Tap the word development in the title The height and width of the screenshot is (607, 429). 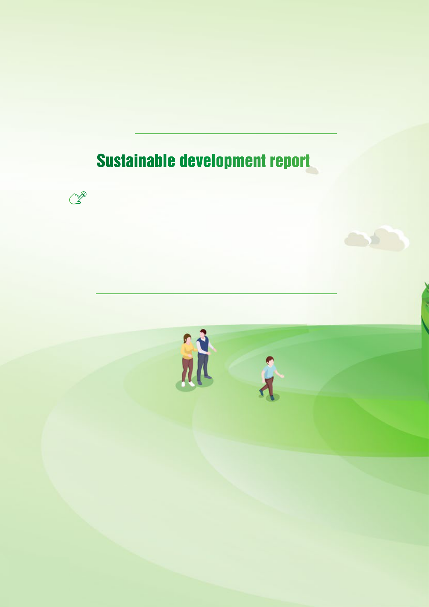click(x=223, y=161)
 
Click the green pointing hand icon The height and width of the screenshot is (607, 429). click(x=78, y=198)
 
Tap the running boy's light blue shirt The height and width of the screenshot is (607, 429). click(x=269, y=372)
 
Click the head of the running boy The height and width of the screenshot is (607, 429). click(x=270, y=361)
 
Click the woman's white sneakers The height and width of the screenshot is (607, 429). click(x=188, y=384)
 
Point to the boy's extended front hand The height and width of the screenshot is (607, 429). click(x=282, y=376)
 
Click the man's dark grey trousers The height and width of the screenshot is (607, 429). click(x=202, y=366)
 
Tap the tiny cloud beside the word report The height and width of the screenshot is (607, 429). click(x=312, y=170)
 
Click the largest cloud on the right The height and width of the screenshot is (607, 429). click(x=390, y=239)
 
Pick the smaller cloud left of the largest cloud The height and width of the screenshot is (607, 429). click(x=357, y=239)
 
